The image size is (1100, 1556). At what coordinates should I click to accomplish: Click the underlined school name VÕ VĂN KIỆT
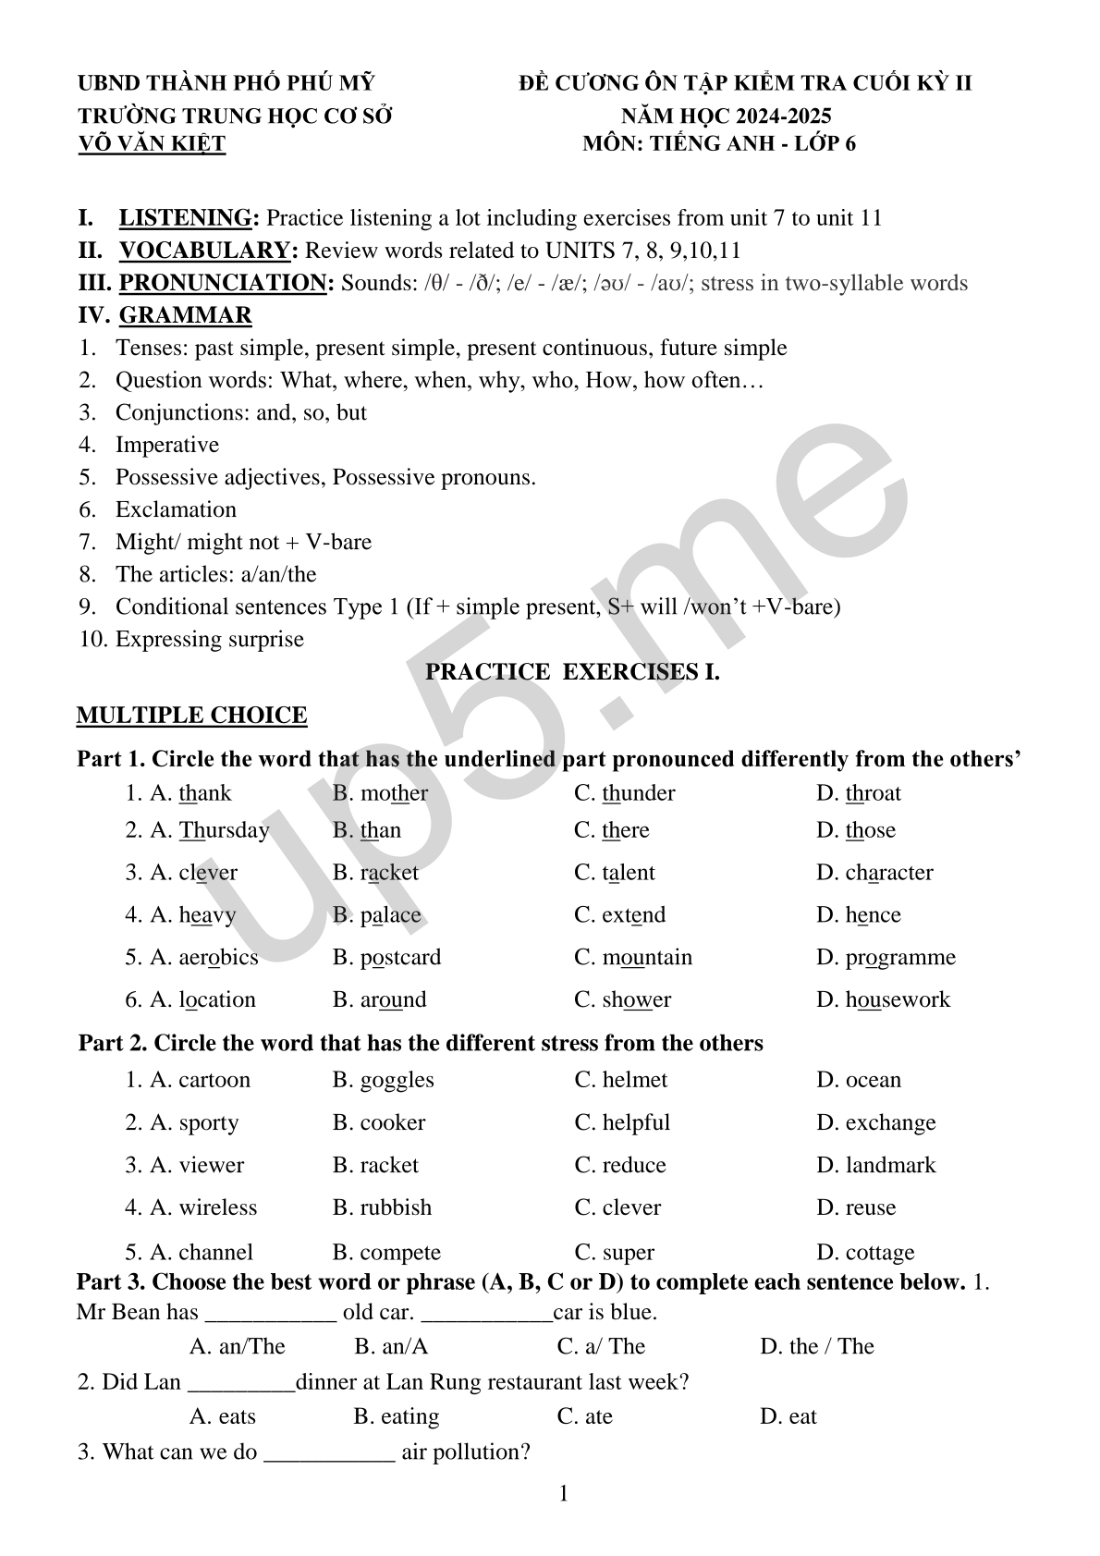(x=152, y=144)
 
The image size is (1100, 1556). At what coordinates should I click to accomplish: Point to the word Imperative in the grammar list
(x=167, y=445)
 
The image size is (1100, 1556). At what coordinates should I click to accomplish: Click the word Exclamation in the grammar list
(x=176, y=509)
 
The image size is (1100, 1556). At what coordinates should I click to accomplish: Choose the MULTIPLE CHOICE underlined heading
(x=191, y=716)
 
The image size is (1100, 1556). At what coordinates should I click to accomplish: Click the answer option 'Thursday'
(x=224, y=830)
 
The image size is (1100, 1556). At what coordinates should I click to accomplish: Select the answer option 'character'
(x=888, y=873)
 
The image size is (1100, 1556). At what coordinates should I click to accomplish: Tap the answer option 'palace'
(x=390, y=915)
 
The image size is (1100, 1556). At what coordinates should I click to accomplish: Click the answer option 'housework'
(x=898, y=999)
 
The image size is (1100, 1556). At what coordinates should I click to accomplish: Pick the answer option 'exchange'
(x=890, y=1122)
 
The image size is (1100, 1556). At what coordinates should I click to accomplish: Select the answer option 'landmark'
(x=890, y=1165)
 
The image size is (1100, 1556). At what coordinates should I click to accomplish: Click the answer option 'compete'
(x=400, y=1253)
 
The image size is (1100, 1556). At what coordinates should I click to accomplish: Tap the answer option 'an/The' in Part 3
(x=251, y=1346)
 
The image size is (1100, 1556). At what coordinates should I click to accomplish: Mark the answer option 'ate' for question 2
(x=598, y=1416)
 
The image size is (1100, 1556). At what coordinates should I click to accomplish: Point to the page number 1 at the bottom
(x=563, y=1494)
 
